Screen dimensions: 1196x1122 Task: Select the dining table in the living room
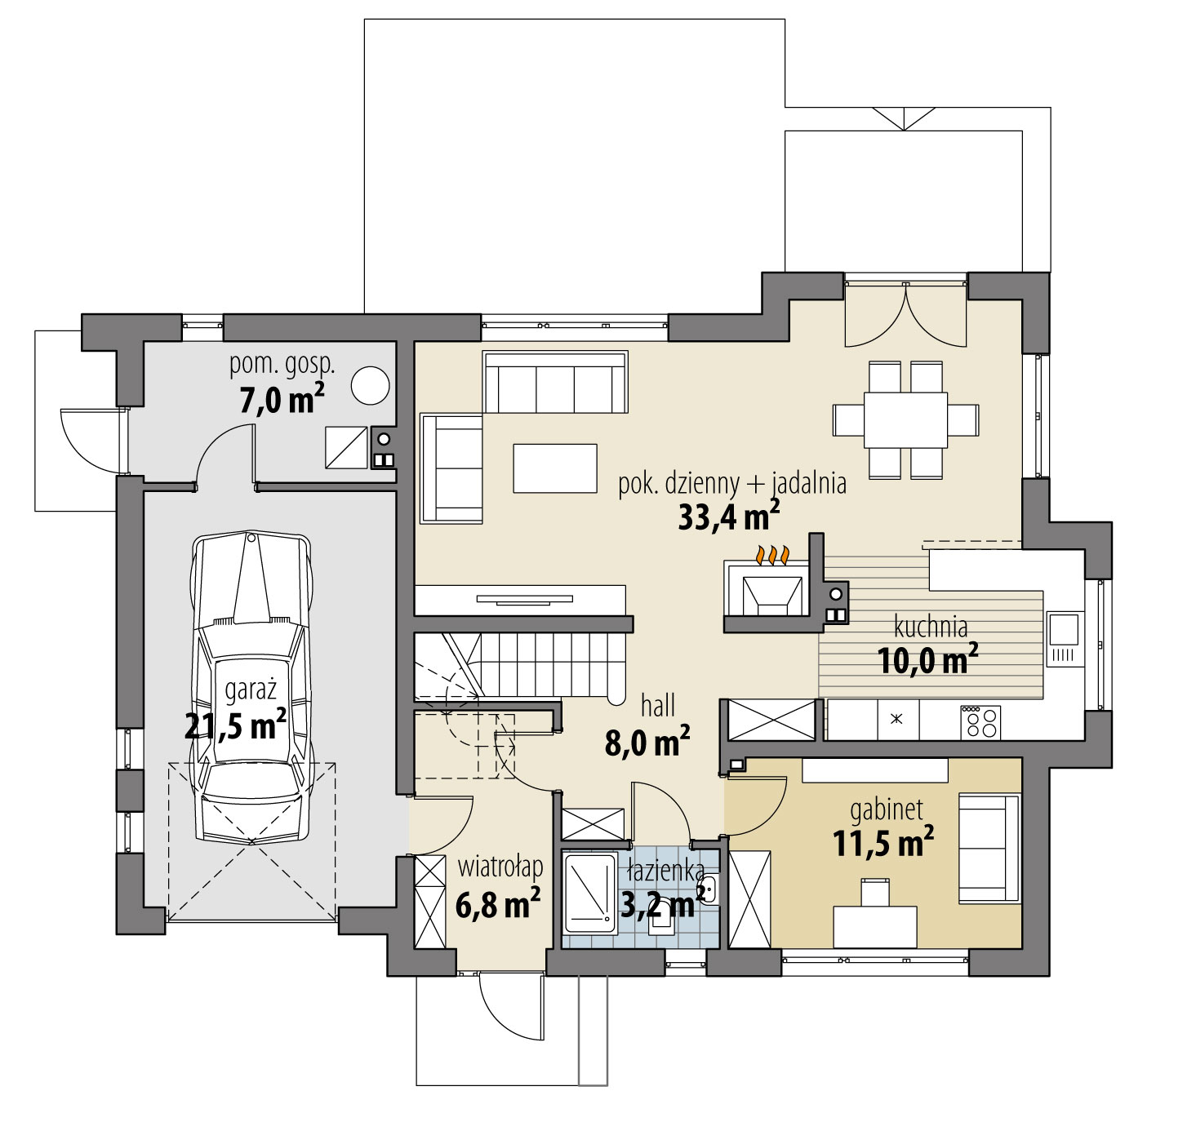[x=905, y=420]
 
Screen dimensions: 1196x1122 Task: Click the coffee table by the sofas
[x=554, y=468]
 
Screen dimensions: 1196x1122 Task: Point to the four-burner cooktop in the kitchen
[x=980, y=722]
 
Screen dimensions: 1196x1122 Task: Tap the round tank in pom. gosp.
[x=370, y=385]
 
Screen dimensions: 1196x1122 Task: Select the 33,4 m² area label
[x=729, y=516]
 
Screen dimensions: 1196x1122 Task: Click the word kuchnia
[x=931, y=628]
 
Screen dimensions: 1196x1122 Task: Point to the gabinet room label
[x=887, y=811]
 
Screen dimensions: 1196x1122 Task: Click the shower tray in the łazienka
[x=590, y=894]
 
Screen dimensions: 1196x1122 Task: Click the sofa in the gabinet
[x=989, y=849]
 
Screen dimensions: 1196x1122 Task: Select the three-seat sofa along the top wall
[x=554, y=382]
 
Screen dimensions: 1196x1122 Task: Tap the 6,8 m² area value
[x=497, y=904]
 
